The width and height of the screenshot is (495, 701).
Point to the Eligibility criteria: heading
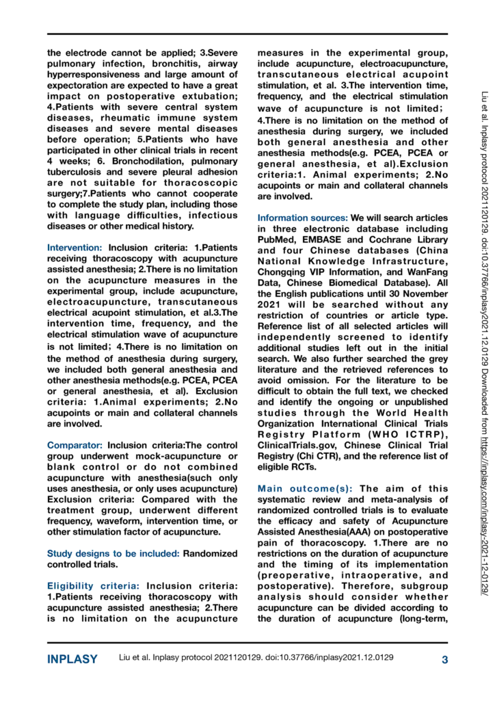[94, 566]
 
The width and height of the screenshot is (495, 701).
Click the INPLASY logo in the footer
[72, 660]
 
